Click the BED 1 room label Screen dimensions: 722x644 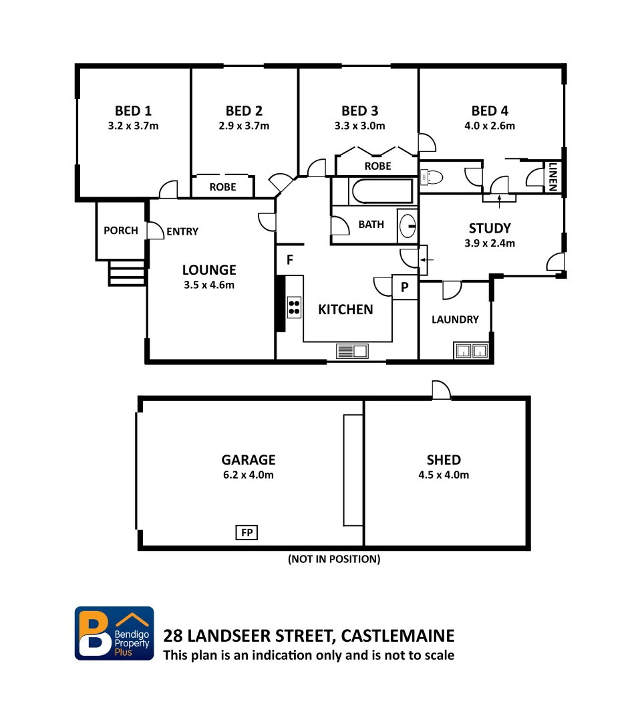click(x=133, y=110)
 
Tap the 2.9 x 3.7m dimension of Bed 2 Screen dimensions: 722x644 click(x=244, y=126)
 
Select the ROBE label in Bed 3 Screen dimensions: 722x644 click(x=377, y=166)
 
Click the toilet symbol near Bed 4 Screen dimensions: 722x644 click(x=432, y=177)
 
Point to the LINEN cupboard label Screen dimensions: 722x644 click(x=553, y=177)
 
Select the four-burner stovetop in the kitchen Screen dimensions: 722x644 click(x=294, y=306)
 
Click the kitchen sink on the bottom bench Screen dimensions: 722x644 click(x=352, y=351)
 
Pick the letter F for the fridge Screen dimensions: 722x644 click(x=290, y=259)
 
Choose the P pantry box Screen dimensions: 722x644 click(x=404, y=287)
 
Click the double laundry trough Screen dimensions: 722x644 click(x=472, y=350)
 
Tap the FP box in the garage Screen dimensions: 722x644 click(x=247, y=533)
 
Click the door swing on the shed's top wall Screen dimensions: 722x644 click(x=441, y=390)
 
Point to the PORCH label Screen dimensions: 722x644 click(x=121, y=231)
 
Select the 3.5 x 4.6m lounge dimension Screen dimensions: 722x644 click(x=209, y=285)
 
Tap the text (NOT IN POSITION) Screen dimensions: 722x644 click(x=334, y=559)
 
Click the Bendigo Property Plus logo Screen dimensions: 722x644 click(x=114, y=633)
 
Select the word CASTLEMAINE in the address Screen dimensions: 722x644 click(x=397, y=635)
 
